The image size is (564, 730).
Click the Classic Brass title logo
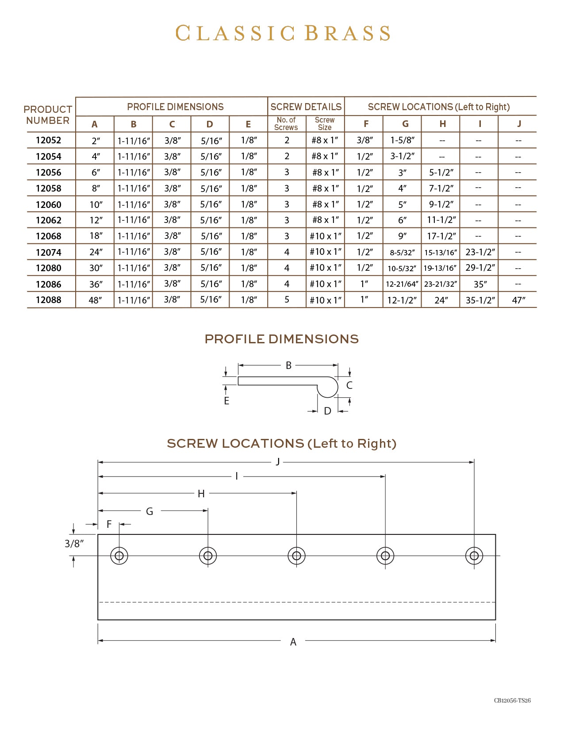pos(283,34)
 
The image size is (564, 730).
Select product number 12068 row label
pos(49,236)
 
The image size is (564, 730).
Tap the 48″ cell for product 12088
pos(95,300)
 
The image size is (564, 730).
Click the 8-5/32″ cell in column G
pos(402,253)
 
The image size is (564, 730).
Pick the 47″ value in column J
pos(518,300)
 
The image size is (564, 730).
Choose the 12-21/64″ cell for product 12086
pos(402,284)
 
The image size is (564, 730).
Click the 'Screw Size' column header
pos(325,123)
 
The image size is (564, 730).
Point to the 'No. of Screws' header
pos(286,123)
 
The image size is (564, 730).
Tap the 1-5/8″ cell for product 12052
pos(402,140)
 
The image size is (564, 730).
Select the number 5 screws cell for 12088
pos(287,300)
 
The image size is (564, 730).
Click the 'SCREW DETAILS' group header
pos(306,107)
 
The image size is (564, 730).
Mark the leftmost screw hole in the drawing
pos(119,556)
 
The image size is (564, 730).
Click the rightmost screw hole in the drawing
pos(474,556)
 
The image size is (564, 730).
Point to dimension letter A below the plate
pos(293,642)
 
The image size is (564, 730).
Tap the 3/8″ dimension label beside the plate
pos(74,543)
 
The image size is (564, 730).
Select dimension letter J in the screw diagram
pos(278,462)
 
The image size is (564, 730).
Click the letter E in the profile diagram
pos(226,401)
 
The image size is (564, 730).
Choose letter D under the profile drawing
pos(327,411)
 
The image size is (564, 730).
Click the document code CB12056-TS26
pos(512,700)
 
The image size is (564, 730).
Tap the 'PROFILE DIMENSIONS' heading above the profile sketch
pos(281,339)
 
